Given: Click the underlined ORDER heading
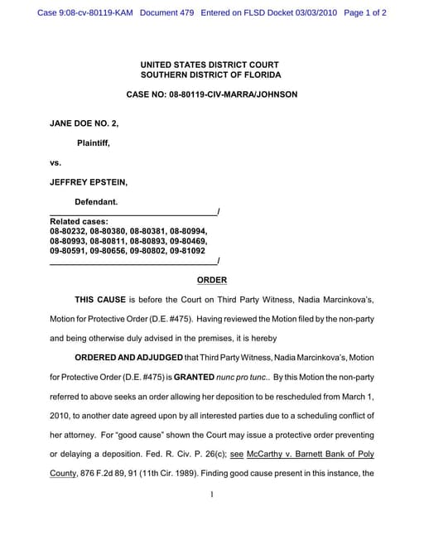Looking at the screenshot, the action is [211, 280].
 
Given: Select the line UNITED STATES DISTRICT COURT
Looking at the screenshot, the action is [210, 65].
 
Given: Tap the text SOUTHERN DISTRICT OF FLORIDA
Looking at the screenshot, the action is [210, 75].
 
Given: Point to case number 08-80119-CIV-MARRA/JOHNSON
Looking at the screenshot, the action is [211, 94].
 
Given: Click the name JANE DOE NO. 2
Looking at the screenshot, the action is [84, 123].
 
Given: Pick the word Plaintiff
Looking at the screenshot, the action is [94, 142].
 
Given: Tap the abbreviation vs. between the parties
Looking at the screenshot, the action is [55, 162].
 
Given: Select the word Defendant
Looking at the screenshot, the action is [96, 201].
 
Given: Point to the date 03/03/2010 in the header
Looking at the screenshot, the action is [309, 13].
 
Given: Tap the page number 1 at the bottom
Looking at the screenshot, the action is [212, 495].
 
